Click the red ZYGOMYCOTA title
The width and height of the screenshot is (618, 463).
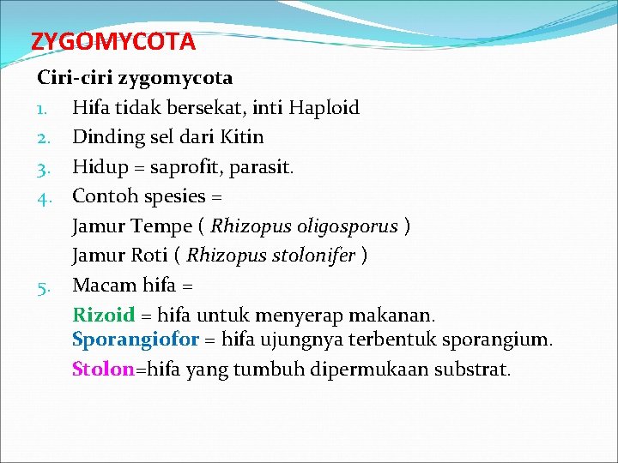[113, 41]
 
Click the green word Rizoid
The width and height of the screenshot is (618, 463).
[103, 315]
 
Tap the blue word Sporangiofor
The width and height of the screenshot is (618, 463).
[136, 340]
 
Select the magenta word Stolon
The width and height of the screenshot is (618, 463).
[103, 370]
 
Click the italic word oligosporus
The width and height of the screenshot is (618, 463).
[347, 226]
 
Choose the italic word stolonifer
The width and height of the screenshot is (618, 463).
[313, 256]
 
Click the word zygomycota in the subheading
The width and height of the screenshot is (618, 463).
[175, 78]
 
